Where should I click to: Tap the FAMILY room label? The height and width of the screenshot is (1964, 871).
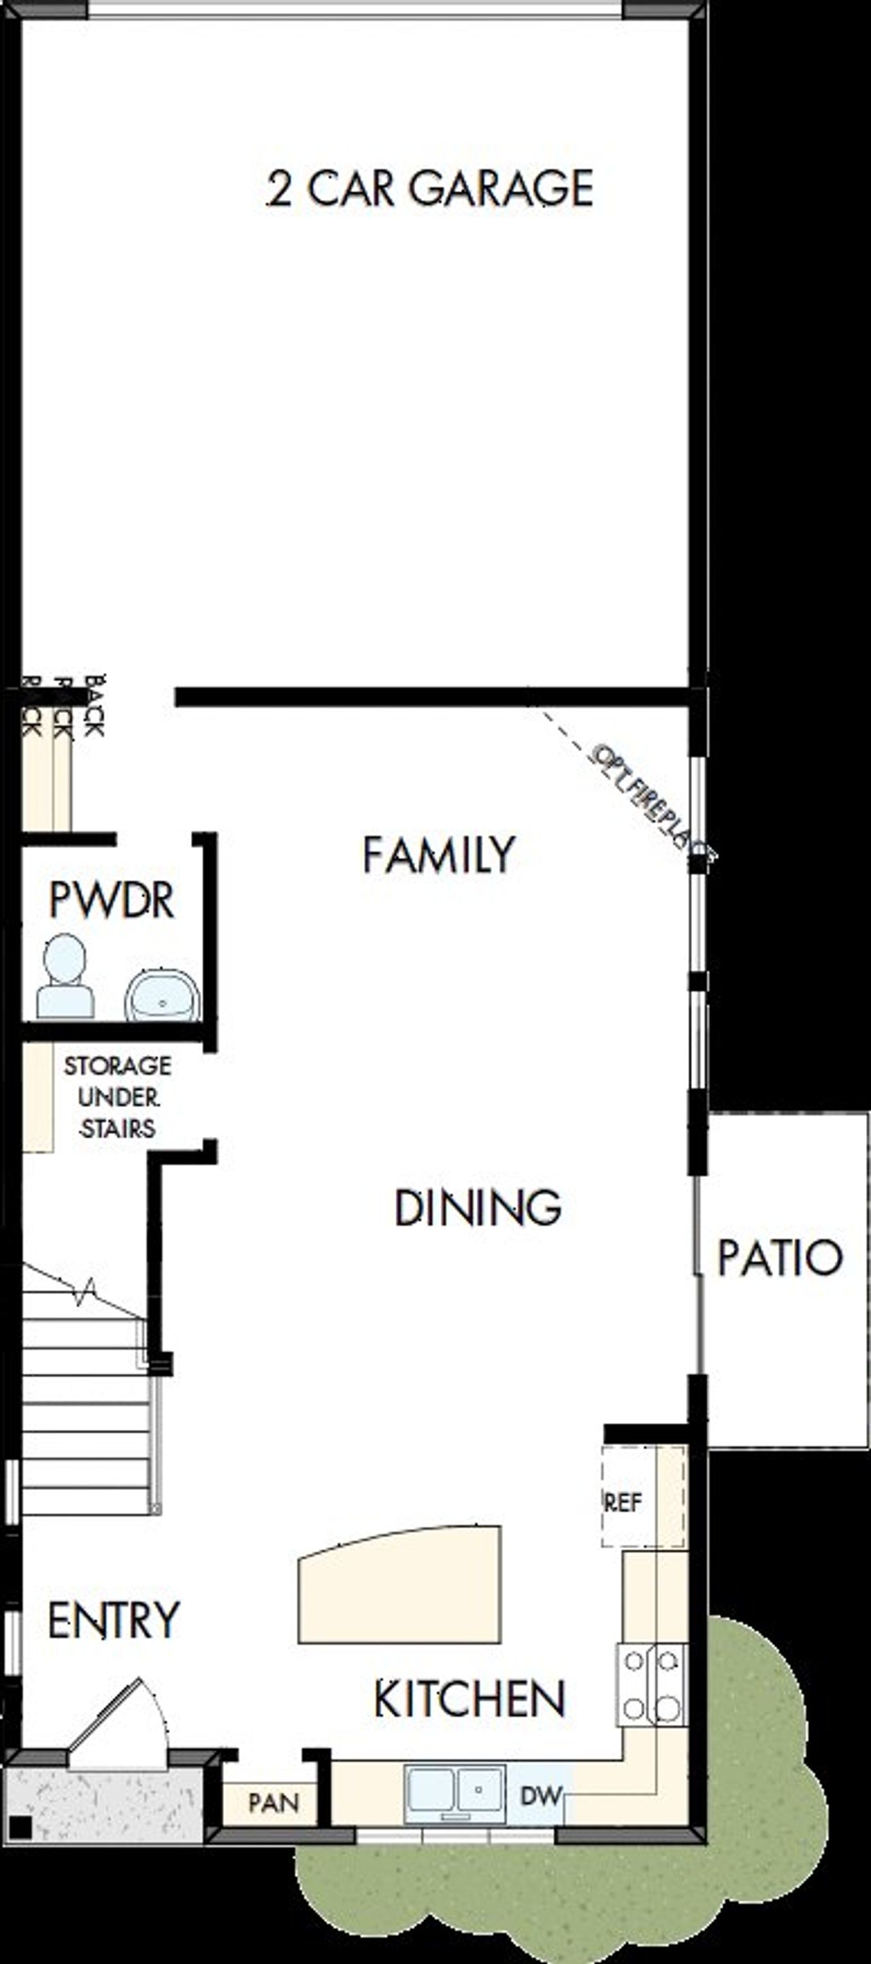439,855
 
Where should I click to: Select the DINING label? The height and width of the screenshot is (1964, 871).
478,1209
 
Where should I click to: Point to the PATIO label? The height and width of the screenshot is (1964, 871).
780,1258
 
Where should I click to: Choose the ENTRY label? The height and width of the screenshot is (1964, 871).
114,1620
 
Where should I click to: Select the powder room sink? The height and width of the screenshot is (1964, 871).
163,995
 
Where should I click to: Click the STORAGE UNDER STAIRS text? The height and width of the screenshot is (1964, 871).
117,1097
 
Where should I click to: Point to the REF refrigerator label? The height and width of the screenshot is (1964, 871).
623,1502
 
